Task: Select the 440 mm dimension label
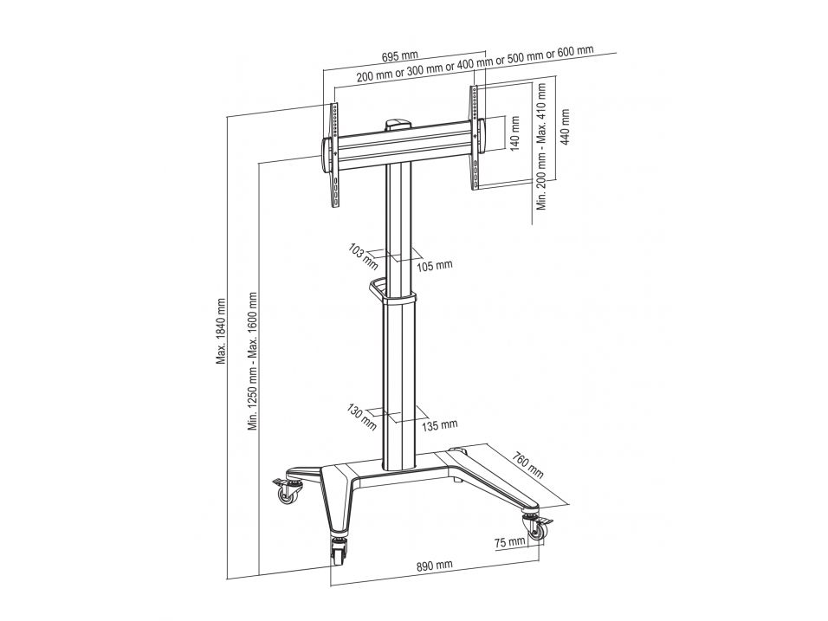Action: tap(566, 127)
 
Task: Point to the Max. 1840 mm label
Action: tap(221, 332)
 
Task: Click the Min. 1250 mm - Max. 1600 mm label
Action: tap(253, 360)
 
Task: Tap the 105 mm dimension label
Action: tap(435, 264)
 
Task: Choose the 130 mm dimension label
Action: tap(362, 417)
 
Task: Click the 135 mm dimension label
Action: tap(439, 424)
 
